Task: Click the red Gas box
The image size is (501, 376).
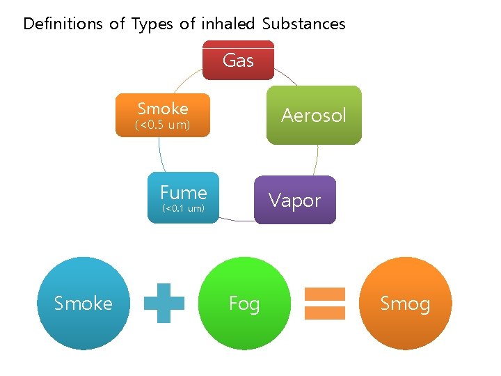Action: coord(238,60)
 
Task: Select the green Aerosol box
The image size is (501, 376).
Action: coord(314,115)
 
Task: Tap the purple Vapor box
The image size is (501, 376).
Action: coord(295,200)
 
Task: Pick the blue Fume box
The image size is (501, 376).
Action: coord(184,198)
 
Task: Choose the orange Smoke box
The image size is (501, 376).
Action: coord(163,115)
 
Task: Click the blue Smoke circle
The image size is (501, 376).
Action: coord(83,303)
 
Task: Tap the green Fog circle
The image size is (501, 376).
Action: coord(244,303)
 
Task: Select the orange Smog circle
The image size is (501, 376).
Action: coord(406,303)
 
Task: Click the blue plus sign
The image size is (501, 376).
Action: coord(164,303)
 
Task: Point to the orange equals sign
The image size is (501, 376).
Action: coord(325,303)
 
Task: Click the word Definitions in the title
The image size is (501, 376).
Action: coord(63,24)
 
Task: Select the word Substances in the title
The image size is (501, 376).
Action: coord(304,24)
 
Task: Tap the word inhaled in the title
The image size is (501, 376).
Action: coord(229,24)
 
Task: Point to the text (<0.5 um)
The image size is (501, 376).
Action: coord(163,125)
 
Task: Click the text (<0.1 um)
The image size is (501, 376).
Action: coord(183,208)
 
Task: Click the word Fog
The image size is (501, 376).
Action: coord(244,304)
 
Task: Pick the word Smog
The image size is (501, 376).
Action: coord(406,304)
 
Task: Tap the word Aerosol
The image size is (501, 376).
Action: coord(314,115)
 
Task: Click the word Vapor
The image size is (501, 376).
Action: coord(295,201)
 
